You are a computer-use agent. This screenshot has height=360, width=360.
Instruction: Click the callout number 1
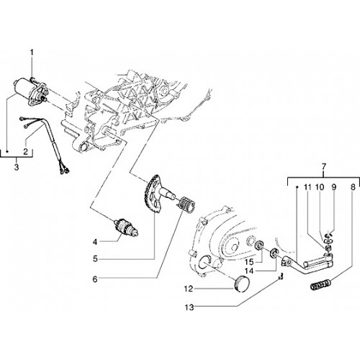point(32,53)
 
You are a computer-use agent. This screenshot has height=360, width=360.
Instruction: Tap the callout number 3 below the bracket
point(17,167)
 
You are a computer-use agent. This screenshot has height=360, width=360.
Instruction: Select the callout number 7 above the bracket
point(324,166)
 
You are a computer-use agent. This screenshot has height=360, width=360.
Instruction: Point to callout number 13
point(189,307)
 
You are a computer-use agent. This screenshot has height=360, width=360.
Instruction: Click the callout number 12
point(189,289)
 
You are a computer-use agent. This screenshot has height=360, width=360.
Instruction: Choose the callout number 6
point(95,279)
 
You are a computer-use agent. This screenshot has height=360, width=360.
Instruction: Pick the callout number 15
point(250,261)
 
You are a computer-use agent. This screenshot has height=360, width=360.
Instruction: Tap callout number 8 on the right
point(352,187)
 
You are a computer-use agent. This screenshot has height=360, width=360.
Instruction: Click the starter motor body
point(31,92)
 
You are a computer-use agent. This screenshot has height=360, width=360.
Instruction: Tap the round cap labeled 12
point(242,284)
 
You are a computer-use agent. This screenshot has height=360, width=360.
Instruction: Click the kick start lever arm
point(307,264)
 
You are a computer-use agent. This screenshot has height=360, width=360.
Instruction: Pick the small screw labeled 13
point(281,276)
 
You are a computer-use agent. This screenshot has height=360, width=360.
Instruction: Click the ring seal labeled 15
point(259,246)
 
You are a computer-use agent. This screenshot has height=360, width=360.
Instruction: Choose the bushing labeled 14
point(274,253)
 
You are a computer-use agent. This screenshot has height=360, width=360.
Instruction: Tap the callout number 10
point(320,187)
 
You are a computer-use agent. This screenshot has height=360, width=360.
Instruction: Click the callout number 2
point(26,151)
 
